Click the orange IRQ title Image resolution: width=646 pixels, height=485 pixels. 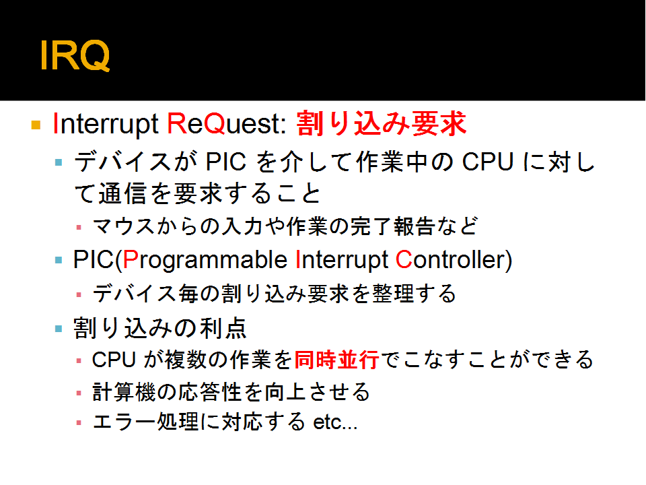75,56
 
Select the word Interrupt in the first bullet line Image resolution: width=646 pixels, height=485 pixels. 106,124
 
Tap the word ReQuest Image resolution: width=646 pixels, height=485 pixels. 226,124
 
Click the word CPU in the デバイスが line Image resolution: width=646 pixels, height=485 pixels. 488,162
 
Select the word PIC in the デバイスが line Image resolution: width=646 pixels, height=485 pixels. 226,162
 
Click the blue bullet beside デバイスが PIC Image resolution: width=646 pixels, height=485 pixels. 59,162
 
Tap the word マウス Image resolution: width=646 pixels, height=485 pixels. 123,226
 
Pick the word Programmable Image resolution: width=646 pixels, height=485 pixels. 205,261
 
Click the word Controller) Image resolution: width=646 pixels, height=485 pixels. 454,260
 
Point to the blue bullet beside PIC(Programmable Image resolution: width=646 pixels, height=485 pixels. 59,260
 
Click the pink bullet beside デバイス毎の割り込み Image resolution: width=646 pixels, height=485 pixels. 79,295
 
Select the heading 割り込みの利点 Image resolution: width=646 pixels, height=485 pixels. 160,329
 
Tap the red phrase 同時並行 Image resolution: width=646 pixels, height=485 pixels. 337,360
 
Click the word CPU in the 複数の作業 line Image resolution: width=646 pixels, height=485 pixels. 114,360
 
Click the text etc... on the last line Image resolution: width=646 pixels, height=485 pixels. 335,422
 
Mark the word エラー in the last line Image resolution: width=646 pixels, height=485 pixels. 124,422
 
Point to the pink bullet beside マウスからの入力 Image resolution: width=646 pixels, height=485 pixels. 79,227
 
